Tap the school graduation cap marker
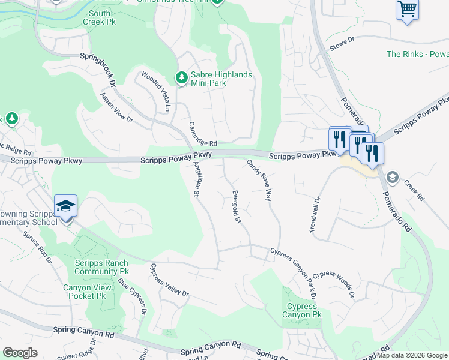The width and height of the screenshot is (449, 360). click(x=65, y=206)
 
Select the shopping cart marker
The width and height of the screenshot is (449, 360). click(x=407, y=10)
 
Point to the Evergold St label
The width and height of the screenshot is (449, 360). click(x=237, y=207)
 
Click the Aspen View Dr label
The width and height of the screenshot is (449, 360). click(x=116, y=109)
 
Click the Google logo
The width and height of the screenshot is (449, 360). click(x=20, y=353)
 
